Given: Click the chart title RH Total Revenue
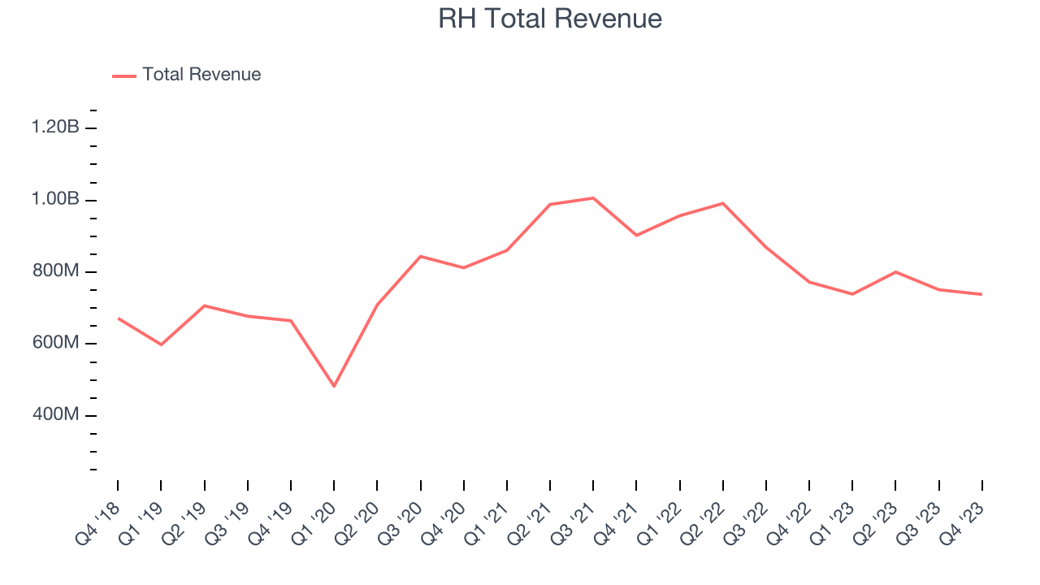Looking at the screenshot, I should (550, 18).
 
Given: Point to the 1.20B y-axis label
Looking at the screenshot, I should (55, 128).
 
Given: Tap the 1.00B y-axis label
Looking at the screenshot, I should (55, 200).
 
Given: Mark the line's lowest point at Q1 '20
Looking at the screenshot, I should (334, 386).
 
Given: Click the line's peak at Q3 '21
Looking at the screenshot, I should (593, 198).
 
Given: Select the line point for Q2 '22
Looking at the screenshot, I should (722, 203).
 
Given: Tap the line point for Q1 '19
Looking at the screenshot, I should (161, 344).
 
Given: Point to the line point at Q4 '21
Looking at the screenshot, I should (636, 236).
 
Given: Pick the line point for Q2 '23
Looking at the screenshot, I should (895, 272).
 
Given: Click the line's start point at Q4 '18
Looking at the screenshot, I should (118, 318).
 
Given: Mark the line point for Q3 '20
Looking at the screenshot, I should (420, 256).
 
